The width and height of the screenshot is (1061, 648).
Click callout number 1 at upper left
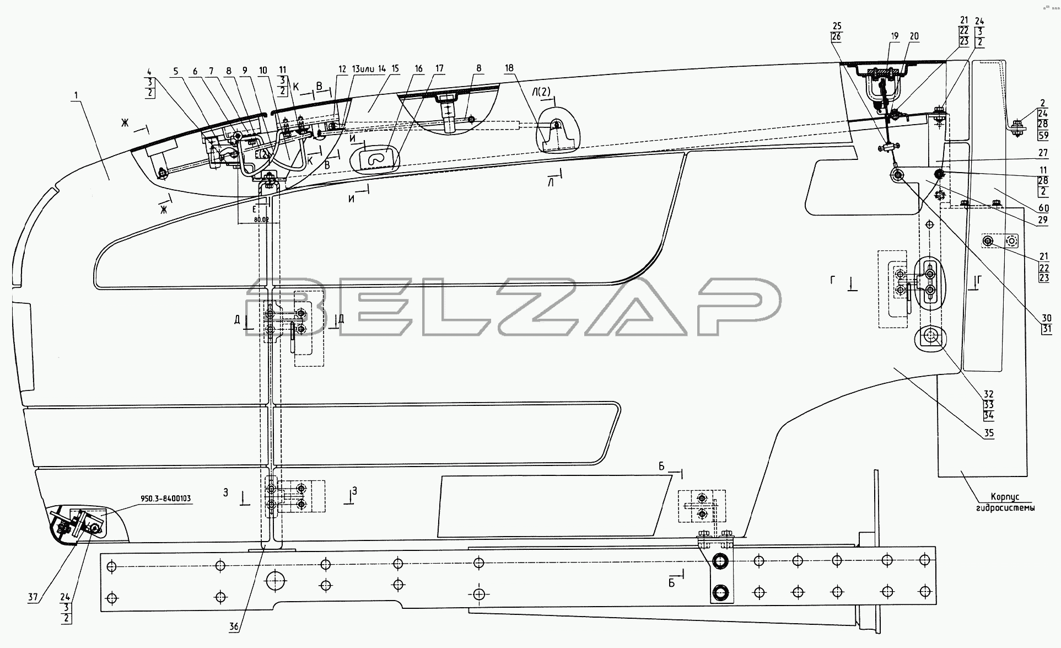[77, 95]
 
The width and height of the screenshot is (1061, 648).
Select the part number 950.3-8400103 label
[165, 499]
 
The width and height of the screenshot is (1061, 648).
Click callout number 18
[509, 68]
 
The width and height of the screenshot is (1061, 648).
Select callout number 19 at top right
[895, 36]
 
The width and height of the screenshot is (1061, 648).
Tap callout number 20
[914, 36]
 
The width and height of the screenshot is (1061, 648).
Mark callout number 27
[1043, 153]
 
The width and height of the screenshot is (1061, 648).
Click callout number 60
[1043, 208]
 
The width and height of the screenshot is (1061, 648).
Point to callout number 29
[1043, 219]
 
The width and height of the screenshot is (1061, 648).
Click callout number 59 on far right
[1043, 135]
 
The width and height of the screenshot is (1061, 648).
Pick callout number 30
[1046, 318]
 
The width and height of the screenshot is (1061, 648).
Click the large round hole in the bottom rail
[276, 580]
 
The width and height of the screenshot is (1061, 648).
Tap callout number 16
[419, 68]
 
